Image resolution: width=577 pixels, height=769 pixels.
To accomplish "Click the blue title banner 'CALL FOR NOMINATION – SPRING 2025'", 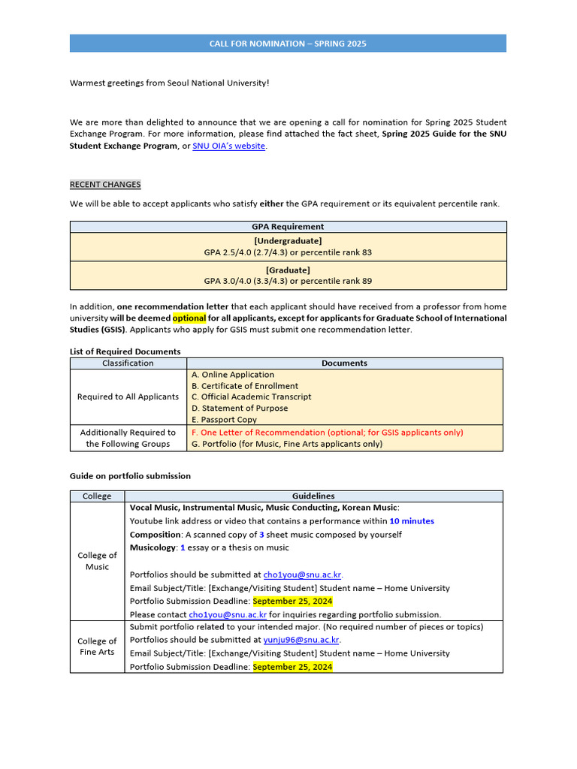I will point(288,44).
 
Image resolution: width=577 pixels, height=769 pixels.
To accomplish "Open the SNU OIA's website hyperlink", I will point(228,146).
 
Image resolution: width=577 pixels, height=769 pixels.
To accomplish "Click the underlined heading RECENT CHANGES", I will point(105,185).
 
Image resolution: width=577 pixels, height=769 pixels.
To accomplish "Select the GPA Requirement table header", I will point(288,226).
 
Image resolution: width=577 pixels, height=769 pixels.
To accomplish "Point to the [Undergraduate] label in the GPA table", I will point(288,240).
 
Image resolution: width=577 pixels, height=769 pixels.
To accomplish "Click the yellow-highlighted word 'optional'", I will point(189,318).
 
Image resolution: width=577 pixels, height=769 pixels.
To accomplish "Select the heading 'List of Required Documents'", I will point(125,351).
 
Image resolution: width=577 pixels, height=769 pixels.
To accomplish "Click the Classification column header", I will point(128,363).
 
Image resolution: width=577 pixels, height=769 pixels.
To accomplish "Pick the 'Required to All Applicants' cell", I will point(128,397).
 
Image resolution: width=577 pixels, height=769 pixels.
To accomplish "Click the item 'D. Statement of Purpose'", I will point(240,409).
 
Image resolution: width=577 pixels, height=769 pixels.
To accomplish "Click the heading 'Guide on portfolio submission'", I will point(130,476).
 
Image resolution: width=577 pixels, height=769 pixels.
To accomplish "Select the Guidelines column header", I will point(313,496).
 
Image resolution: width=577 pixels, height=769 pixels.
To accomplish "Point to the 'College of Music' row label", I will point(97,561).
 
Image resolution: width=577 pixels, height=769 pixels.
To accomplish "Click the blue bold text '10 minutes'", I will point(411,521).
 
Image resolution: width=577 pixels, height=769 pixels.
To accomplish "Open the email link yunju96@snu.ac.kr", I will point(301,640).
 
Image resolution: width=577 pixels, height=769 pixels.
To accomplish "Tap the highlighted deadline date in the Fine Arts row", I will point(292,667).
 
